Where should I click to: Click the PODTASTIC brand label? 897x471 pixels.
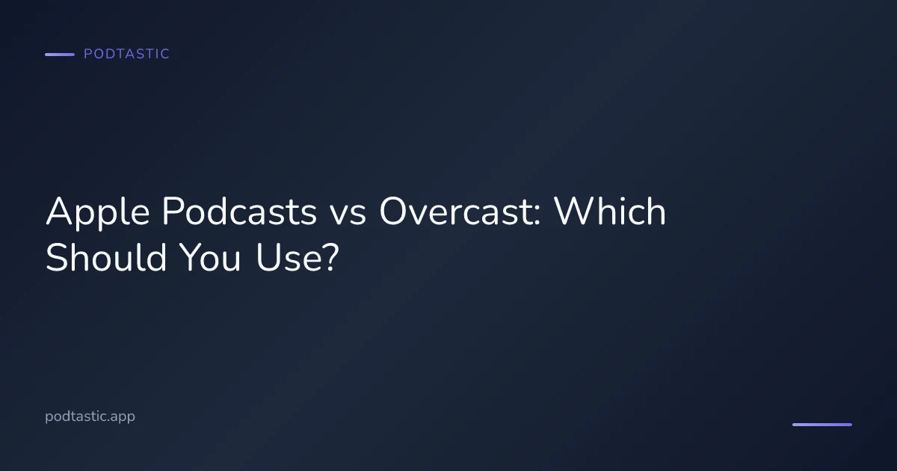pyautogui.click(x=126, y=54)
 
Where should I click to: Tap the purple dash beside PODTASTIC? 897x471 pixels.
pyautogui.click(x=60, y=55)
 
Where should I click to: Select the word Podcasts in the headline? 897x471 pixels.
pyautogui.click(x=238, y=213)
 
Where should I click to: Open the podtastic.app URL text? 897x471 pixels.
pyautogui.click(x=90, y=416)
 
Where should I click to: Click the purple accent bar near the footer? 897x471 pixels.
pyautogui.click(x=822, y=425)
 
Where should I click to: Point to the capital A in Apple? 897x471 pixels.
pyautogui.click(x=60, y=213)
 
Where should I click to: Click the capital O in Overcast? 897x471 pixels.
pyautogui.click(x=395, y=213)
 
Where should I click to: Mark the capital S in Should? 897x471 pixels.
pyautogui.click(x=57, y=258)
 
